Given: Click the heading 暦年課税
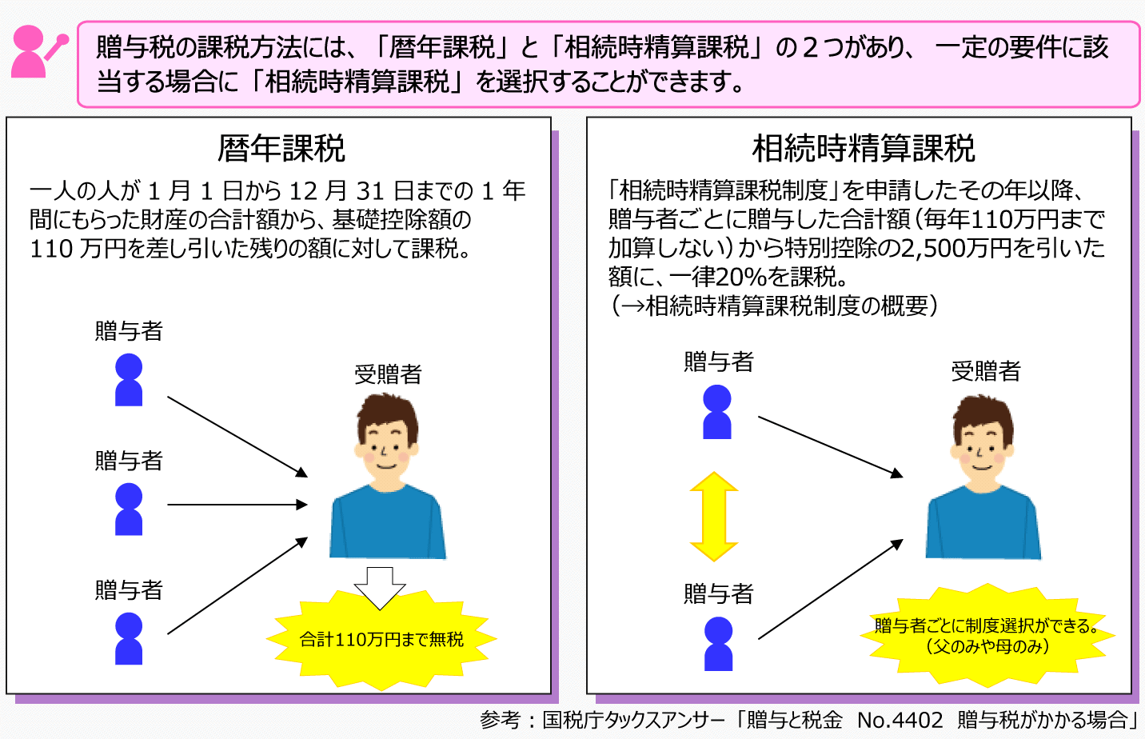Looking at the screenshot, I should click(281, 149).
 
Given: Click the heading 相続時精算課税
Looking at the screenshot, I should click(864, 149).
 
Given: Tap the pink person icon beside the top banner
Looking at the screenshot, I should click(36, 51).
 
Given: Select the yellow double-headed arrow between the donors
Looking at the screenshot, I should click(714, 517).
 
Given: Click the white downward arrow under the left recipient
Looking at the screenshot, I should click(380, 587).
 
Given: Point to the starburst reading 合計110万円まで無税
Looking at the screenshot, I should click(381, 639).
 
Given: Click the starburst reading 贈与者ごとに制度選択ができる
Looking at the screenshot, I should click(987, 635).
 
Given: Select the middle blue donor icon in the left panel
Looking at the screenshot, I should click(129, 509).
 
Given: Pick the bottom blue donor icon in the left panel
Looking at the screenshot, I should click(129, 638).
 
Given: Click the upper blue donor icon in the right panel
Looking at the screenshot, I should click(717, 412).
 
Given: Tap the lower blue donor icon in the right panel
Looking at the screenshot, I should click(718, 644).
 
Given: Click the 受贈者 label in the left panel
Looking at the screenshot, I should click(388, 374).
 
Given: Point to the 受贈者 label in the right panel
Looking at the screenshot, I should click(986, 371).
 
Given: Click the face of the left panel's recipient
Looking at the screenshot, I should click(387, 448).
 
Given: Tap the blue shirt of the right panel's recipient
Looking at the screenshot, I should click(983, 524).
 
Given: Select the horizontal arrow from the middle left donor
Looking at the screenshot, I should click(237, 505).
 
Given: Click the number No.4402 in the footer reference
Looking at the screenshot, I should click(900, 720).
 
